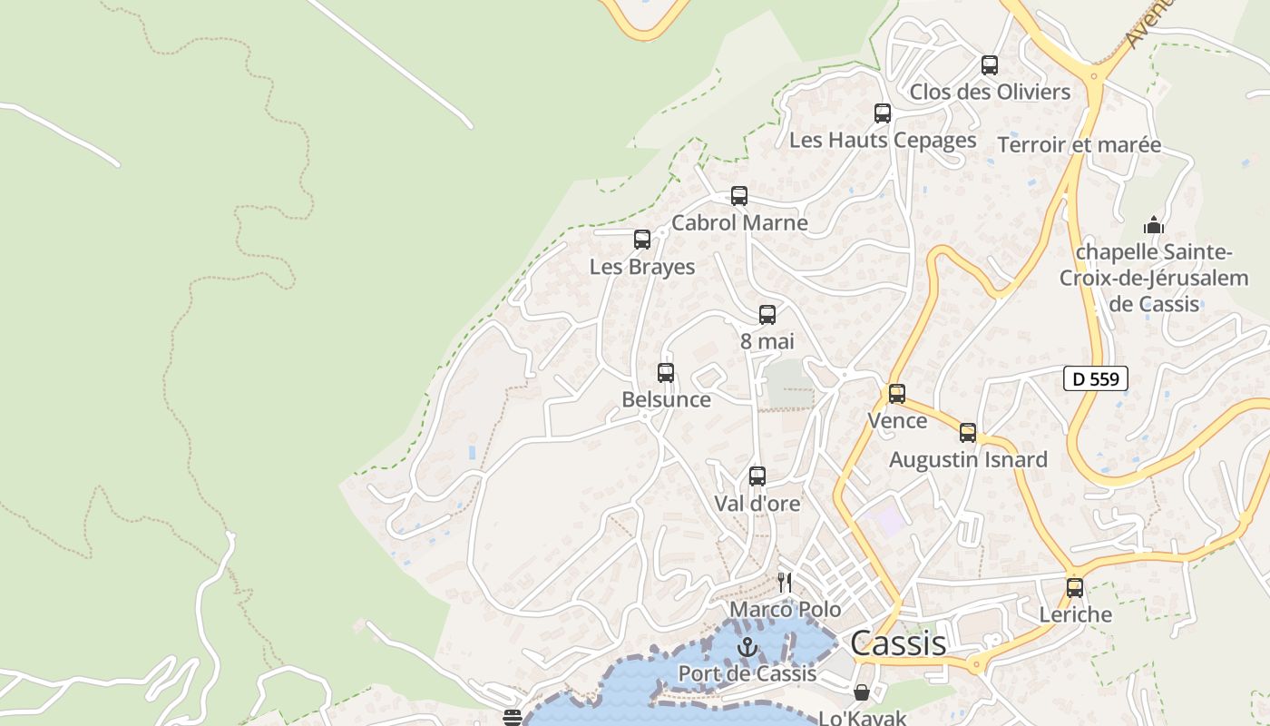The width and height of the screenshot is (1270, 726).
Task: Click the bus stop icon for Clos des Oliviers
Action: [x=989, y=65]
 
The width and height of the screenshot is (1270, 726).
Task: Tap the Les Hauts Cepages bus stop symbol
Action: [x=882, y=113]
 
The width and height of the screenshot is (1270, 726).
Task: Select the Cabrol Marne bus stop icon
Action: [x=738, y=196]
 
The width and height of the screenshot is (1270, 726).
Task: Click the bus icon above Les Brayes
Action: [x=641, y=240]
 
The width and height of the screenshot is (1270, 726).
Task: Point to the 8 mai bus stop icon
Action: [x=767, y=315]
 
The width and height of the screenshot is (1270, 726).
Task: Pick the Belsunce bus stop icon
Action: [x=665, y=373]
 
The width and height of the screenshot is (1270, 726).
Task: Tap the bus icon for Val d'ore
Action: [x=757, y=476]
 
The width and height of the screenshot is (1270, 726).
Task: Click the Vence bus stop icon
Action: [x=896, y=394]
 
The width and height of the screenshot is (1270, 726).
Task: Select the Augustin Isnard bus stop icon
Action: [x=967, y=433]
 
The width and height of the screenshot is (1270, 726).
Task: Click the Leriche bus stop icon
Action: [x=1074, y=588]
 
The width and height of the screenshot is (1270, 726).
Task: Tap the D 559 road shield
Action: [x=1095, y=379]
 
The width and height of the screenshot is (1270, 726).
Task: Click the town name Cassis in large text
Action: [x=898, y=643]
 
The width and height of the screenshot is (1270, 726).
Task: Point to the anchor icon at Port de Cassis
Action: [x=747, y=647]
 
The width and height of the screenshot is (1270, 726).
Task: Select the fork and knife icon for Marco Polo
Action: [x=785, y=583]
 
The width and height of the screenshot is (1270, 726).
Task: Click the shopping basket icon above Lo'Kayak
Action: [x=861, y=692]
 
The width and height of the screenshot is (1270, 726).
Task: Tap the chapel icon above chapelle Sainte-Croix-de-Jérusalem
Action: [x=1153, y=225]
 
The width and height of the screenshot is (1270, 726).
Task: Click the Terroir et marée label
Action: [x=1079, y=145]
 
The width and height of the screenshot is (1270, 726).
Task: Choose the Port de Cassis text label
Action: [x=747, y=674]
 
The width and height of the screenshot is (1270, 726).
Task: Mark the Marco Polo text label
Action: [x=786, y=609]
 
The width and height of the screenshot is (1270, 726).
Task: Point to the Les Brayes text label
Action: [x=642, y=267]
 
